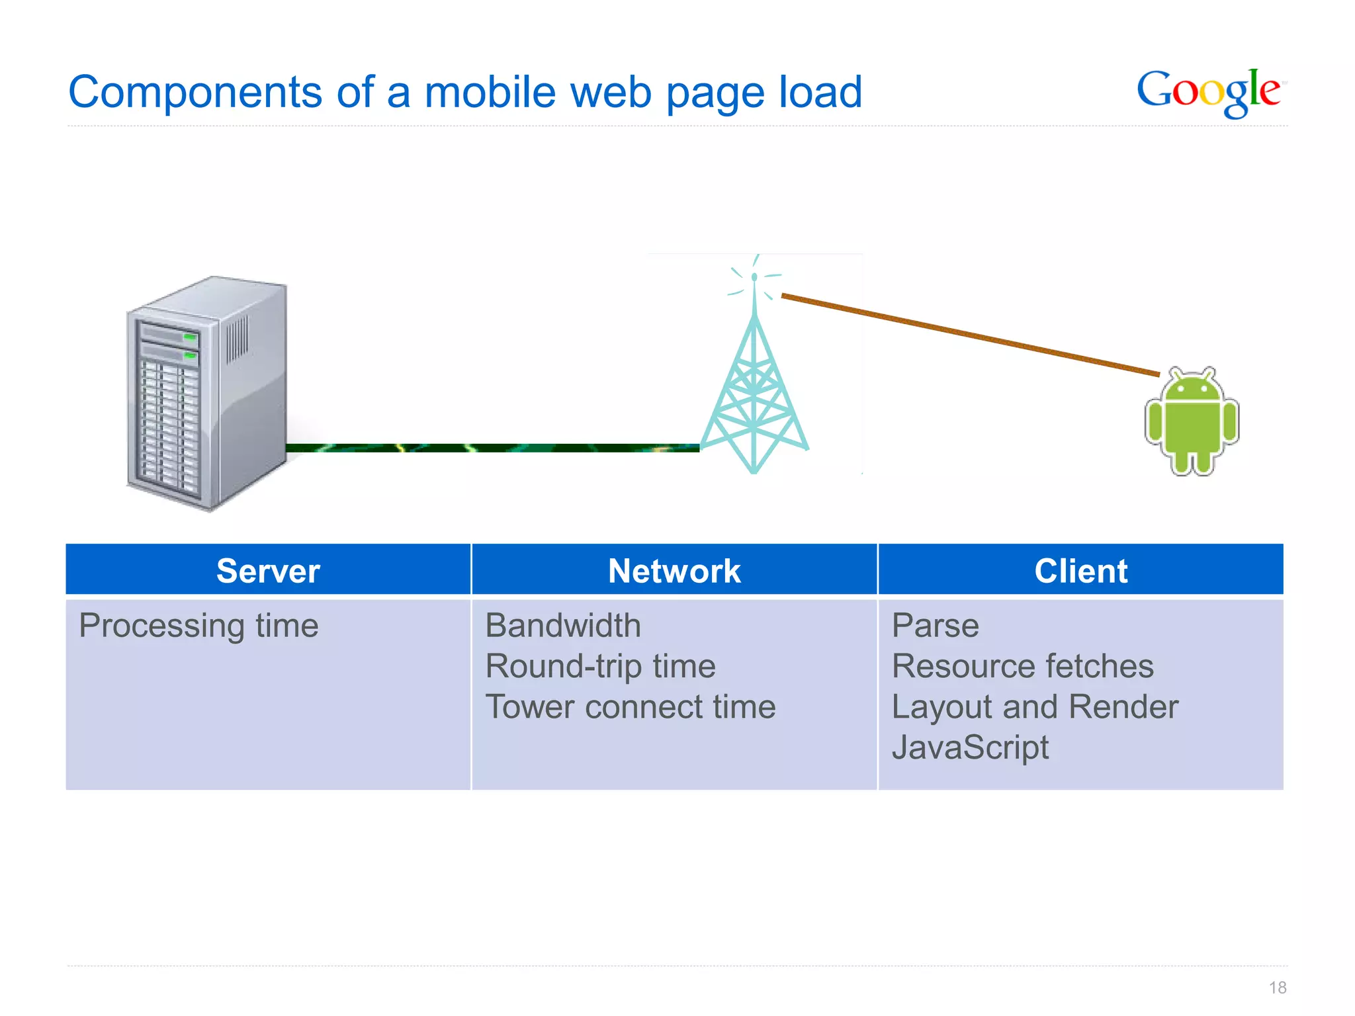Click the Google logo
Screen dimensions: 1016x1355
pos(1209,93)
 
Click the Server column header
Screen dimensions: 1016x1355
pos(268,571)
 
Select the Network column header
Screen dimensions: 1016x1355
pos(674,571)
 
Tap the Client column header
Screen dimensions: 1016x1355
pos(1080,571)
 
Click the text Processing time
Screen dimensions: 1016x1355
pos(198,626)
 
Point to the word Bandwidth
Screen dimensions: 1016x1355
pos(563,626)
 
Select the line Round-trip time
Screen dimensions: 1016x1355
pos(600,666)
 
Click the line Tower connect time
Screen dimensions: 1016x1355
pos(630,706)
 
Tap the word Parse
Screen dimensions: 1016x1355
pos(935,626)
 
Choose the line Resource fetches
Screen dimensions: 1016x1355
pos(1022,666)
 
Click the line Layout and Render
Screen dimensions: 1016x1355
pos(1035,706)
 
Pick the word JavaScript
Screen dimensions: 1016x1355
pos(970,747)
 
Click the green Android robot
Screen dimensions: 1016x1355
pos(1192,423)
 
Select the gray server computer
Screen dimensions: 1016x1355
pos(206,394)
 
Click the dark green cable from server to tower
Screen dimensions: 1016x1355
pos(493,448)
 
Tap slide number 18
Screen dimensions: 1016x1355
pos(1278,988)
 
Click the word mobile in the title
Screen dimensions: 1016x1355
pos(490,93)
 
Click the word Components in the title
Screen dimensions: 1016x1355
pos(195,93)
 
